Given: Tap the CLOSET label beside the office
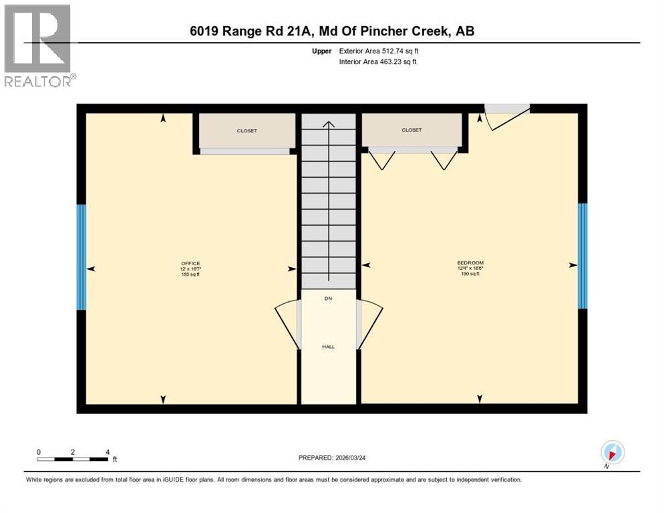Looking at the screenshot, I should coord(246,131).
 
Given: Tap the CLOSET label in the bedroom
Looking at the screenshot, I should coord(411,130).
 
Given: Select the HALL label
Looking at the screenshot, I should coord(328,347).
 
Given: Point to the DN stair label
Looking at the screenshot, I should coord(328,299).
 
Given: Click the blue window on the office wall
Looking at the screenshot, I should coord(81,257).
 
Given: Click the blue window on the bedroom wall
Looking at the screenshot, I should coord(583,256).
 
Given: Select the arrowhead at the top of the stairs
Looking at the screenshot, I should coord(328,124).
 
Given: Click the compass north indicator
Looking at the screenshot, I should coord(612,452).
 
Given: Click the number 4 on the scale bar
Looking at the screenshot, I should coord(108,452).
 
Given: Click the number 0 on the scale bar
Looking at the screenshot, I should coord(39,452).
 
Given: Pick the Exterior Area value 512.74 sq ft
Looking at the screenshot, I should coord(395,51).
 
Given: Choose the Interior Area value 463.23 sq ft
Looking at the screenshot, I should coord(395,62).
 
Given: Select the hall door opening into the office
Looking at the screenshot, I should coord(287,324).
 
